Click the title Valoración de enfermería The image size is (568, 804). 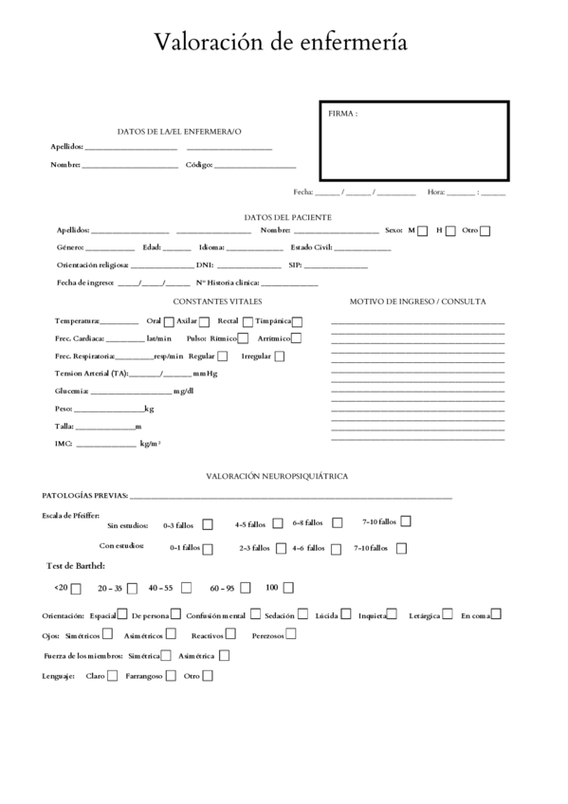pyautogui.click(x=283, y=42)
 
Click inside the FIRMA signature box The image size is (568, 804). pyautogui.click(x=412, y=142)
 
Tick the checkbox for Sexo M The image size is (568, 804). pyautogui.click(x=423, y=230)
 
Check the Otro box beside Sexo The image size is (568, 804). pyautogui.click(x=485, y=230)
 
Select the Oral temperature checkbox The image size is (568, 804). pyautogui.click(x=169, y=321)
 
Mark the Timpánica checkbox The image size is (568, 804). pyautogui.click(x=298, y=321)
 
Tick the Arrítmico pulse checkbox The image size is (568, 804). pyautogui.click(x=297, y=338)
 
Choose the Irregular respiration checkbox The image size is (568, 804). pyautogui.click(x=280, y=356)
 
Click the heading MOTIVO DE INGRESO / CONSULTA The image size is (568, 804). pyautogui.click(x=418, y=301)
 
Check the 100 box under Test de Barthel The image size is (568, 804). pyautogui.click(x=288, y=587)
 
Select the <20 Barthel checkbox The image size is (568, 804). pyautogui.click(x=77, y=588)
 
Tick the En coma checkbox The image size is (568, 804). pyautogui.click(x=496, y=613)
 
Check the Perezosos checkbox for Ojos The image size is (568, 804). pyautogui.click(x=291, y=633)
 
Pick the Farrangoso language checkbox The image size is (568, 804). pyautogui.click(x=172, y=676)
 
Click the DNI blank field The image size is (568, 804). pyautogui.click(x=248, y=266)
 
